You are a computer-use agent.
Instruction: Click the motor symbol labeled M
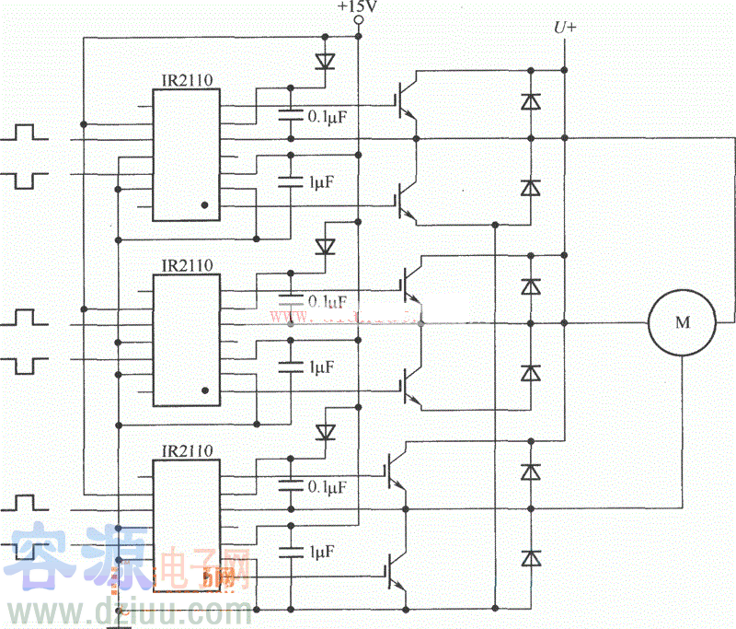click(682, 322)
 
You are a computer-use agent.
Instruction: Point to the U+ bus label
click(565, 29)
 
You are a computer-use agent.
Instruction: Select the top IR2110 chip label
click(187, 81)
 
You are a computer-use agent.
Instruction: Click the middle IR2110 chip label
click(187, 266)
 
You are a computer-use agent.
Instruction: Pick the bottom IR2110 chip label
click(187, 451)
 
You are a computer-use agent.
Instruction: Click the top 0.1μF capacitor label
click(328, 117)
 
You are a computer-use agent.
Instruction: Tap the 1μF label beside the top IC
click(321, 181)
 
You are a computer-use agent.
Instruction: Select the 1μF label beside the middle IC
click(321, 367)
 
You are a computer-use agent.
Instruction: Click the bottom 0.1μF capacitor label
click(328, 486)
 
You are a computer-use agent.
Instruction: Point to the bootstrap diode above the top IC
click(324, 62)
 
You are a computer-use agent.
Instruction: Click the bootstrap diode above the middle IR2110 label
click(324, 246)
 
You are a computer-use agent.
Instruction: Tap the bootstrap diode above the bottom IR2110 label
click(324, 432)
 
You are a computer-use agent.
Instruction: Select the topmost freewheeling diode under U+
click(531, 102)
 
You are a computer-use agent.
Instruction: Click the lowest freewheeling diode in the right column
click(531, 558)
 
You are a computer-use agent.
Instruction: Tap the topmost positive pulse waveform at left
click(31, 134)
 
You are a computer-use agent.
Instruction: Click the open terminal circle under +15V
click(358, 20)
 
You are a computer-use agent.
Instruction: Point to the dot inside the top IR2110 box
click(205, 205)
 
